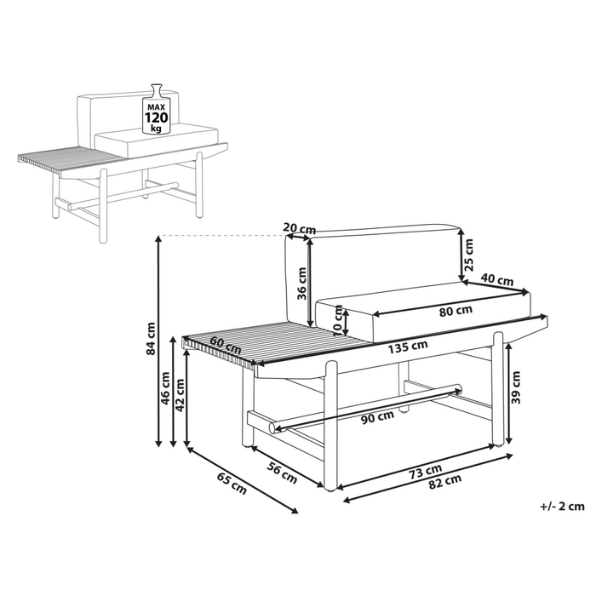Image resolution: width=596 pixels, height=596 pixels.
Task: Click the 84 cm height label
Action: [152, 338]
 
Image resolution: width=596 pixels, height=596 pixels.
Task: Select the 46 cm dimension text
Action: [165, 388]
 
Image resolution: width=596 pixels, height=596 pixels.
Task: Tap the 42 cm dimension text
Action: [180, 395]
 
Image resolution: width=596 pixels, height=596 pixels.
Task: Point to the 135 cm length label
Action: [408, 347]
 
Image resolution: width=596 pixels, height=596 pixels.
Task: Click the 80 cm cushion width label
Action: [456, 311]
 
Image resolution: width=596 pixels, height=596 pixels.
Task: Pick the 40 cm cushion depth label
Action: [496, 280]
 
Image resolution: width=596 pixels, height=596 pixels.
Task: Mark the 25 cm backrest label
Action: [469, 255]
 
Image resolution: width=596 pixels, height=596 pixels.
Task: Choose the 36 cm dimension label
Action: [301, 284]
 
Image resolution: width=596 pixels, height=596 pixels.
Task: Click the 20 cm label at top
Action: [300, 229]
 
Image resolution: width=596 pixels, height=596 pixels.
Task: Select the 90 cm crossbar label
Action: [377, 418]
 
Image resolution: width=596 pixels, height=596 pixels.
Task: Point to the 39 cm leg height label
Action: [516, 387]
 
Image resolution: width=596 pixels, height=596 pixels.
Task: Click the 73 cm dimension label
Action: [426, 472]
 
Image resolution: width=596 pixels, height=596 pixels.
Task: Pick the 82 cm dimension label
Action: [445, 483]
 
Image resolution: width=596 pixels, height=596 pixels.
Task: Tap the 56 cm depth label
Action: [282, 474]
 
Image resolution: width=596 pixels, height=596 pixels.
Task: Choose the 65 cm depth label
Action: [232, 484]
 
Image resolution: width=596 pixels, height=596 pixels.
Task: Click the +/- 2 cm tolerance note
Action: [562, 507]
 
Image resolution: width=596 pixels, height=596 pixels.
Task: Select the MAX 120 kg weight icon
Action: [157, 110]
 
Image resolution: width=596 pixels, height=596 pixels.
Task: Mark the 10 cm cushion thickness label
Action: [339, 320]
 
